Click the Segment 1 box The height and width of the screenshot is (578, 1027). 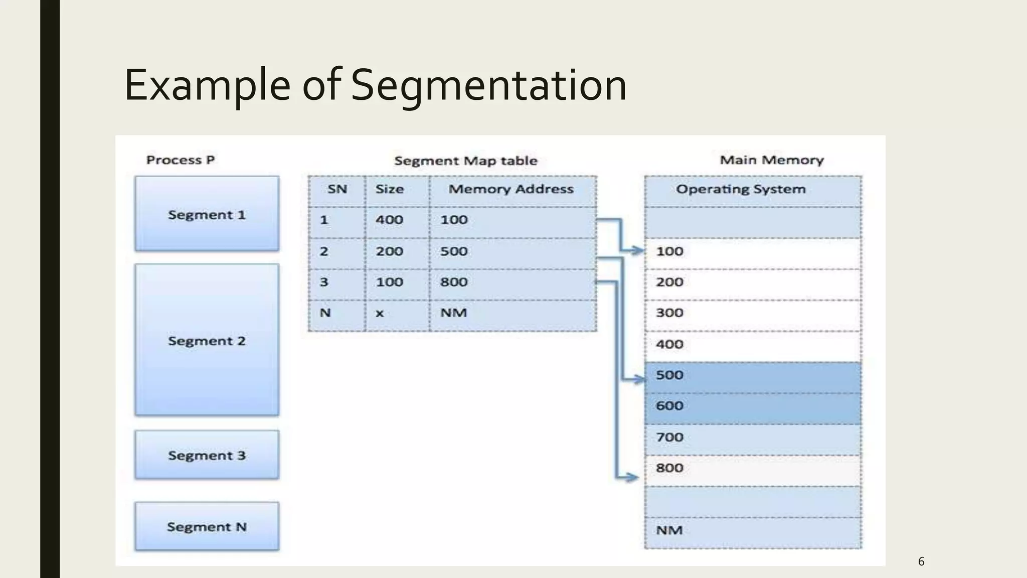point(207,214)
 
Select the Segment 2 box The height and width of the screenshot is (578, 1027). point(207,340)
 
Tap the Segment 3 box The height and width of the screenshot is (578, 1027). point(207,455)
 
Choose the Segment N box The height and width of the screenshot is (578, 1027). point(207,526)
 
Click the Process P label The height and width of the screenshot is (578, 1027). point(181,160)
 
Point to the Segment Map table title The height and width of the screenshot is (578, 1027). point(465,161)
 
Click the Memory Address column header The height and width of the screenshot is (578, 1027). point(510,189)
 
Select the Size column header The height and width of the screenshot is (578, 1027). point(390,189)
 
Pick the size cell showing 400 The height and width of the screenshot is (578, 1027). point(390,220)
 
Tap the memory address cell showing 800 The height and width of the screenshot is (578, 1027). point(454,282)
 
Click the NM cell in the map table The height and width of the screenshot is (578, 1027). point(454,313)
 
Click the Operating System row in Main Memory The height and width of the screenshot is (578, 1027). point(741,189)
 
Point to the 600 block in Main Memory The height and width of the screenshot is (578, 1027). point(752,406)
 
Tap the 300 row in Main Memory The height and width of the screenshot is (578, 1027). point(752,313)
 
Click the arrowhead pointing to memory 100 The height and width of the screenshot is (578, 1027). point(638,250)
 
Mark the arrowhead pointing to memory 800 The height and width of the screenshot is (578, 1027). point(633,478)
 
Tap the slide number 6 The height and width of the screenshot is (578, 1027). point(921,561)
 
